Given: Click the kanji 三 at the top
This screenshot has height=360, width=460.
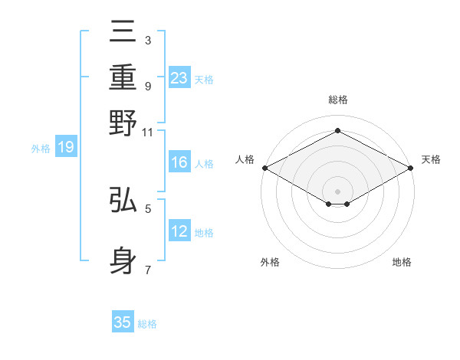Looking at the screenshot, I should coord(123,32).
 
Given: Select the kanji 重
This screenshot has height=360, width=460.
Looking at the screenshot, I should coord(123,77).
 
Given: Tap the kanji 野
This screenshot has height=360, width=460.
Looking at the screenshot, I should coord(123,122).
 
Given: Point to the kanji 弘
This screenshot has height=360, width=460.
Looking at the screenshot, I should coord(123,201).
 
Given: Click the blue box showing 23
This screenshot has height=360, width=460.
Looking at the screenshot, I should coord(179,77).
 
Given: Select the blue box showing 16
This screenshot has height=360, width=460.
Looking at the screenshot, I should coord(179,163).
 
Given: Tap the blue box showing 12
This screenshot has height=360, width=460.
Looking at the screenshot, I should coord(179,231).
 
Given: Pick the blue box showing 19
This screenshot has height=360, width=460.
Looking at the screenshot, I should coord(66,147).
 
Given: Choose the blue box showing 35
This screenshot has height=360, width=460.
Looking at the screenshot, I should coord(123,322).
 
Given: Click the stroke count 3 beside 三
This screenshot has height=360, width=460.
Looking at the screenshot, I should coord(147,40).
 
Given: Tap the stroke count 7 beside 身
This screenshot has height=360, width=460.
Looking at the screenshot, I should coord(147,270).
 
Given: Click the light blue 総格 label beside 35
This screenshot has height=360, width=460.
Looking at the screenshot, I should coord(147,324).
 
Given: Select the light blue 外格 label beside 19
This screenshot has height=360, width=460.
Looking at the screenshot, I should coord(41,149).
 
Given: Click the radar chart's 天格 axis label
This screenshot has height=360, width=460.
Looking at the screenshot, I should coord(431,159).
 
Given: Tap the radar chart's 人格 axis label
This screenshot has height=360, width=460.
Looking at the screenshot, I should coord(245,159).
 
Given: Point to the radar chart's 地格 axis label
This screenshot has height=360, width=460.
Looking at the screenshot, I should coord(402,262).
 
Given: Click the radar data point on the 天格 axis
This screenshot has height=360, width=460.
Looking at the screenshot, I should coord(412,168).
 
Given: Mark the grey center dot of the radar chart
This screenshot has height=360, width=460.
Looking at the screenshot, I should coord(337,191).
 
